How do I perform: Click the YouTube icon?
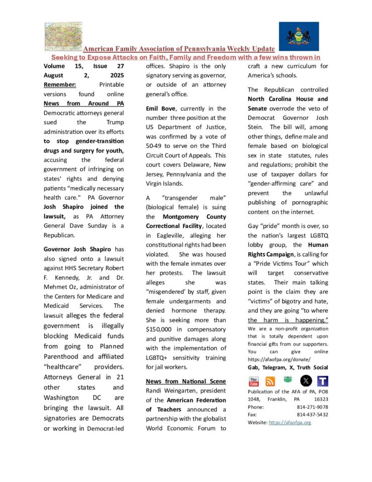tap(254, 381)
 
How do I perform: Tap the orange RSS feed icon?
tap(270, 381)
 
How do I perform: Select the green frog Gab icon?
tap(288, 380)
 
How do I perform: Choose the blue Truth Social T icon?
tap(323, 381)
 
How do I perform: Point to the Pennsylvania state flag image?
tap(299, 36)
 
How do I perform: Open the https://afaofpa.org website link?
tap(290, 422)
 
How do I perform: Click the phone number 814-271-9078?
tap(313, 407)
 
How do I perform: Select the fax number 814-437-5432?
tap(313, 415)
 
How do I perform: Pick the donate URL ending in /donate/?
tap(279, 360)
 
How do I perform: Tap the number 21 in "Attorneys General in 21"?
tap(121, 378)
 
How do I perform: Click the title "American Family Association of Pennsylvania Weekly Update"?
tap(179, 49)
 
